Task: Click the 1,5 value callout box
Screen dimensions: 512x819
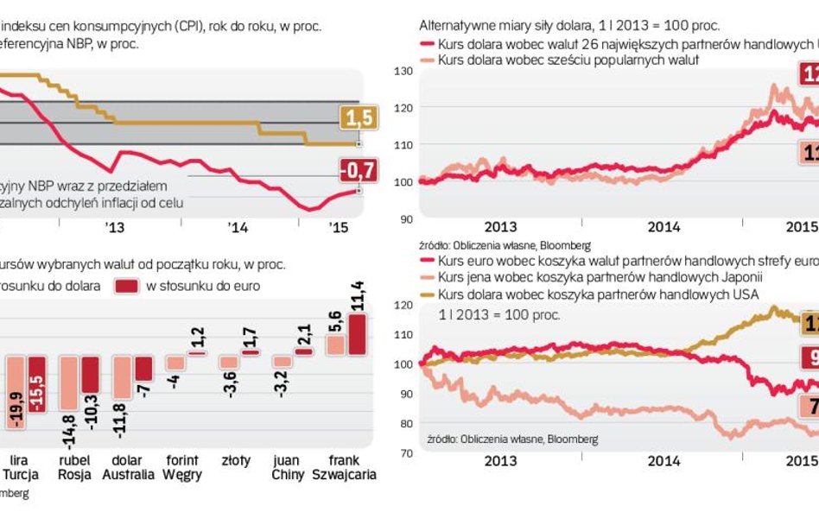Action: point(357,118)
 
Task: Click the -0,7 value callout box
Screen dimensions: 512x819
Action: point(357,173)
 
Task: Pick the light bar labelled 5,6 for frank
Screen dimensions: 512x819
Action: point(335,344)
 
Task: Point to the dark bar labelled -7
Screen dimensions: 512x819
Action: point(143,369)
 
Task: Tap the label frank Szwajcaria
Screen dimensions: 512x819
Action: point(345,467)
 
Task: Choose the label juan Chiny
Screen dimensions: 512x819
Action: point(285,467)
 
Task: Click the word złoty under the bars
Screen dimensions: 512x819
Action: point(233,460)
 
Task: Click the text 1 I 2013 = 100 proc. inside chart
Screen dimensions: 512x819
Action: point(499,314)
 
